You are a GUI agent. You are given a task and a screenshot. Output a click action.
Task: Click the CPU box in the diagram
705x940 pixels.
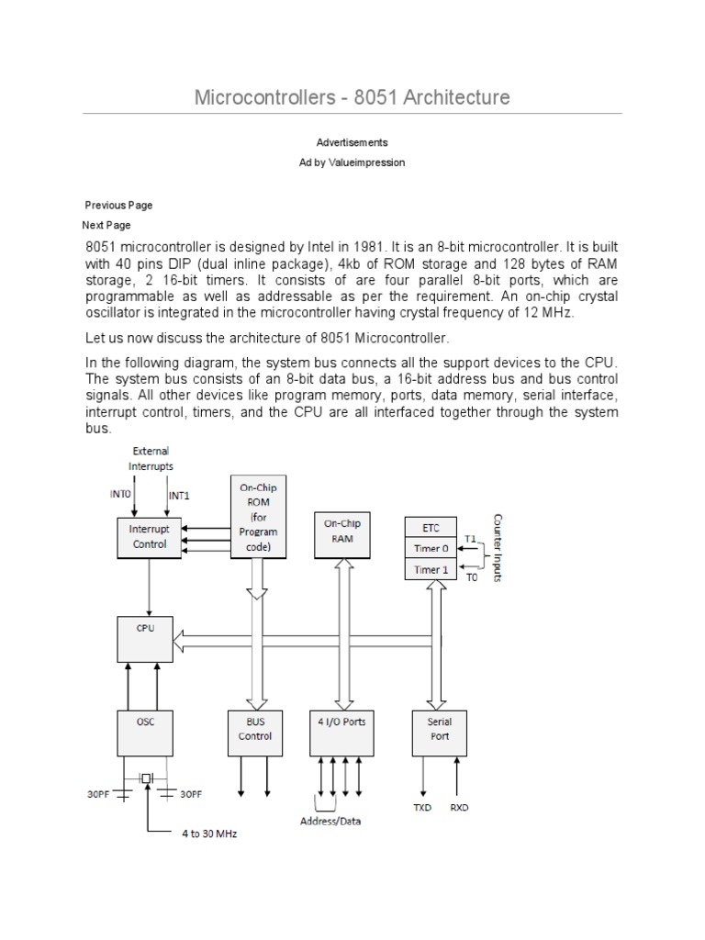point(145,639)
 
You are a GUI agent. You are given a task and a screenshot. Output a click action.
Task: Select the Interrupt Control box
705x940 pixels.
point(150,537)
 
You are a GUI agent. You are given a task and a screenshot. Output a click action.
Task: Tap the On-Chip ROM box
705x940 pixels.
point(258,519)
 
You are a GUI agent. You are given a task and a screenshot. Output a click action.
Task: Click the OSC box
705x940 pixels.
point(145,732)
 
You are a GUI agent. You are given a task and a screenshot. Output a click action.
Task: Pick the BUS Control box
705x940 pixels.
point(255,732)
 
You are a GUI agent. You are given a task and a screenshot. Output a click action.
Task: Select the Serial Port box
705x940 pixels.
point(440,732)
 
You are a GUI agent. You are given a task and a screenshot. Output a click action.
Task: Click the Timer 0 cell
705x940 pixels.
point(431,548)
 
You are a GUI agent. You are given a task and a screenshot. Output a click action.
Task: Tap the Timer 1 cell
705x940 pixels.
point(431,570)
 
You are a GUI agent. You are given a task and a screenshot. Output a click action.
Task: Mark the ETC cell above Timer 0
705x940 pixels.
point(431,528)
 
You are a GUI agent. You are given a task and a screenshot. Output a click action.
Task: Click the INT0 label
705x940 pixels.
point(121,494)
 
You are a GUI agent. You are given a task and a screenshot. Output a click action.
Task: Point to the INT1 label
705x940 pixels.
point(179,496)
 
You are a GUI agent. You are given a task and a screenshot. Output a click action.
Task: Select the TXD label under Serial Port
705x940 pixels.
point(422,808)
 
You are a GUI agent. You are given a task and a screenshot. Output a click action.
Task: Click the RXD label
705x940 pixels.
point(459,808)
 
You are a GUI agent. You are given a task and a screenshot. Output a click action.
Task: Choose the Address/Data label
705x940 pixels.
point(330,821)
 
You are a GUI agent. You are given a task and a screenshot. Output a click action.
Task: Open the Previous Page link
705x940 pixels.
point(118,205)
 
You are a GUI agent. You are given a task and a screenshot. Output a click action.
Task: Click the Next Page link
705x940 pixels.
point(106,225)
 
